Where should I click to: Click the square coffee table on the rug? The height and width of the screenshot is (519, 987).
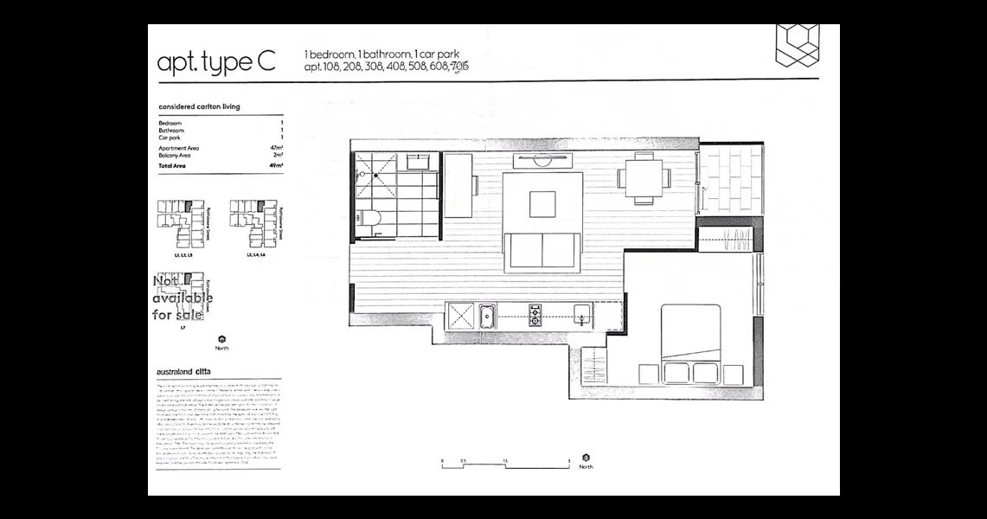pyautogui.click(x=542, y=204)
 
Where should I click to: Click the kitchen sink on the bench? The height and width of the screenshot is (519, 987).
pyautogui.click(x=487, y=317)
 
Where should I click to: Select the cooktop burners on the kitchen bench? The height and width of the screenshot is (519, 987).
pyautogui.click(x=535, y=315)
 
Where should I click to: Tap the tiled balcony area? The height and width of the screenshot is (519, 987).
pyautogui.click(x=731, y=177)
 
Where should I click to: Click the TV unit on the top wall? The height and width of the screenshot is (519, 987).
pyautogui.click(x=542, y=161)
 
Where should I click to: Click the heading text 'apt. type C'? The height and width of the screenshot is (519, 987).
pyautogui.click(x=216, y=63)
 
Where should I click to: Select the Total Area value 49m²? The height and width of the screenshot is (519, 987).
pyautogui.click(x=277, y=164)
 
